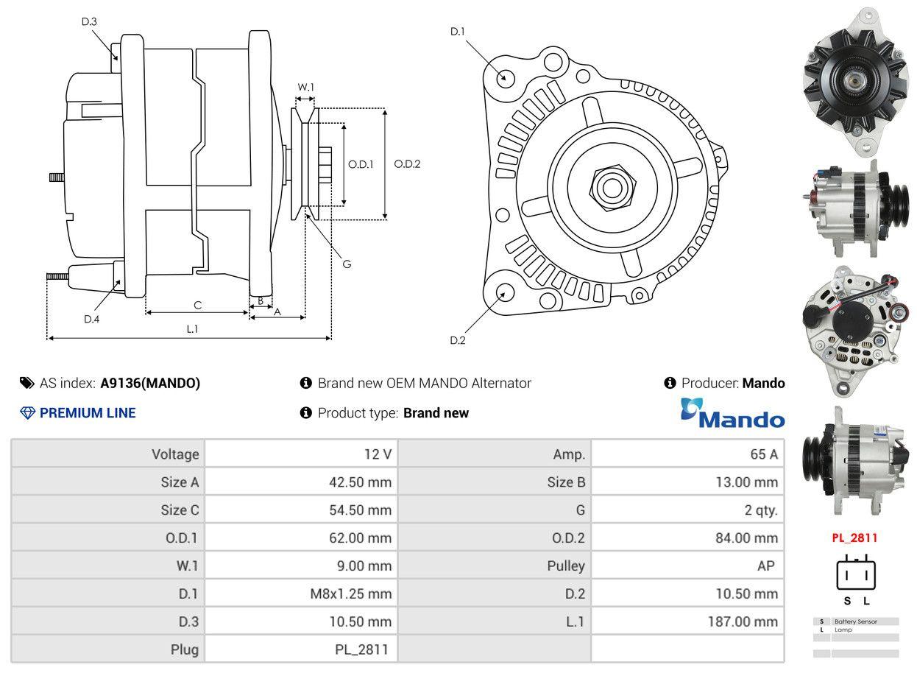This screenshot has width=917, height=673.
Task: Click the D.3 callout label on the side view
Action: coord(89,21)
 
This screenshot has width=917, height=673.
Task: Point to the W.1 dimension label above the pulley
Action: coord(305,87)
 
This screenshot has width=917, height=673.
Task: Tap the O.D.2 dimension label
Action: coord(407,163)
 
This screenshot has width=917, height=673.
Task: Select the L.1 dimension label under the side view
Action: coord(192,328)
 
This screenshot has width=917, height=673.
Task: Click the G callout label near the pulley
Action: coord(347,264)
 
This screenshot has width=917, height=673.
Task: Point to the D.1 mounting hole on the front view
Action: coord(505,77)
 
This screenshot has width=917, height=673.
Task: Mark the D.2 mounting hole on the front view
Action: coord(504,292)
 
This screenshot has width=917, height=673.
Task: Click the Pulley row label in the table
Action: coord(566,565)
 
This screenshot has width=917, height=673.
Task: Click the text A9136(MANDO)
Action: coord(150,383)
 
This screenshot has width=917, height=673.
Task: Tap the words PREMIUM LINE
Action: coord(88,413)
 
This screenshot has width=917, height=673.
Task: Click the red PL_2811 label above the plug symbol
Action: coord(854,538)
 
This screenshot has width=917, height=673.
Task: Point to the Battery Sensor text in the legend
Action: coord(855,621)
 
